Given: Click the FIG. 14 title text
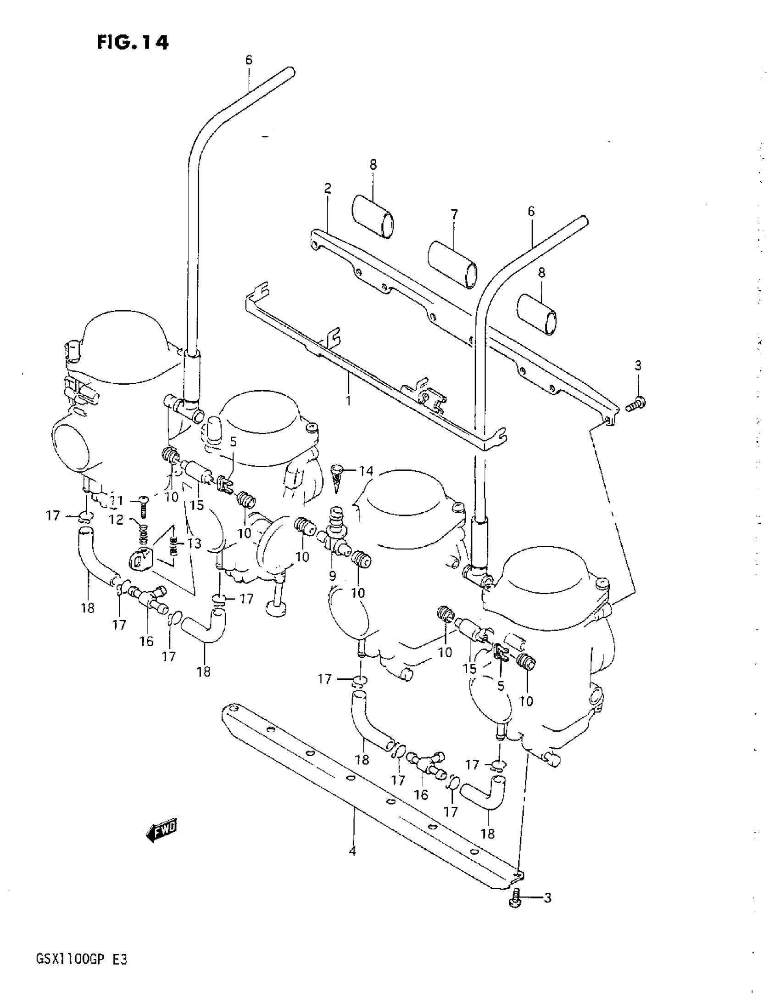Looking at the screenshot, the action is click(133, 43).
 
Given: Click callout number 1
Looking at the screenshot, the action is click(348, 400).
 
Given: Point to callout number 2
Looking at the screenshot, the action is click(328, 188).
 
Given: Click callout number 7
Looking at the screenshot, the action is click(454, 214).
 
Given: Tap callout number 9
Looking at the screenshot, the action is click(333, 575).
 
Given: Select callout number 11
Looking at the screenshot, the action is click(116, 500).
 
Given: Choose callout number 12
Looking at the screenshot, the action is click(116, 520).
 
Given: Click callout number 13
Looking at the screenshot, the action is click(194, 543).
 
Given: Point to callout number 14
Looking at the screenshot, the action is click(366, 471).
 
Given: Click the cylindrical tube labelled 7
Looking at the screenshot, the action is click(452, 264).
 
